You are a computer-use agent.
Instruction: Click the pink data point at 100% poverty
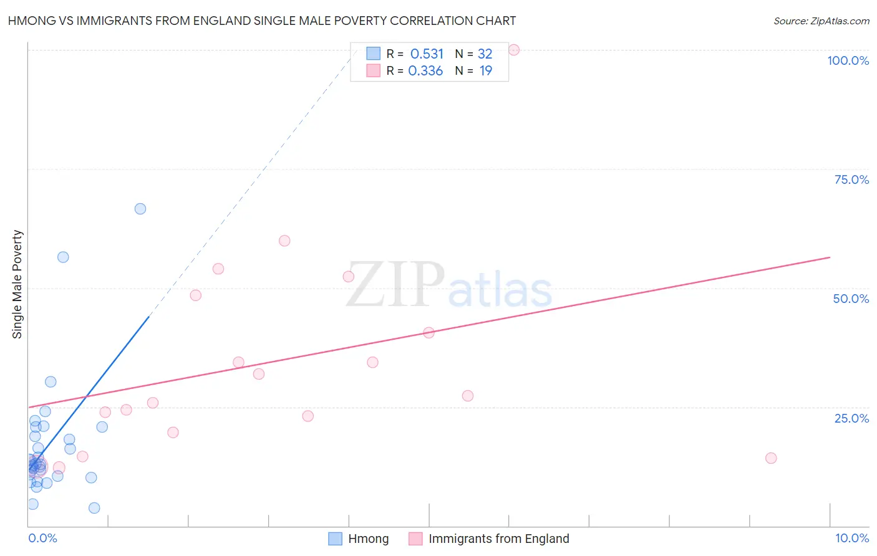click(514, 50)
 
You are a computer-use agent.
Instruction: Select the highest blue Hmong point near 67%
click(140, 209)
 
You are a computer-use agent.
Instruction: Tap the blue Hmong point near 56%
click(63, 257)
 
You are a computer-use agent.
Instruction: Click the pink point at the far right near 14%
click(771, 458)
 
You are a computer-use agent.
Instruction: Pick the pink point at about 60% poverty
click(284, 241)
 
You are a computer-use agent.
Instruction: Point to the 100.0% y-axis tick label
click(848, 60)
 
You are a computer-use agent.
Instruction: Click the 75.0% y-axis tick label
click(851, 180)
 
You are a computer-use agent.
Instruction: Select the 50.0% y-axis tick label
click(851, 299)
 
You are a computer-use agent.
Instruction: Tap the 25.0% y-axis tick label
click(851, 418)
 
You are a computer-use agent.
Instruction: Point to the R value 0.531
click(427, 54)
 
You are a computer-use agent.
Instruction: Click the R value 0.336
click(425, 71)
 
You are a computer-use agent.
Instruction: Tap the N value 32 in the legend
click(485, 54)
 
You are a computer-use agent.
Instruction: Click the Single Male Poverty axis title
click(17, 284)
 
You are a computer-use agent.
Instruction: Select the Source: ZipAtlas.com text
click(821, 21)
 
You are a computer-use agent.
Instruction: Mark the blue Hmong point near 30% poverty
click(51, 382)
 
